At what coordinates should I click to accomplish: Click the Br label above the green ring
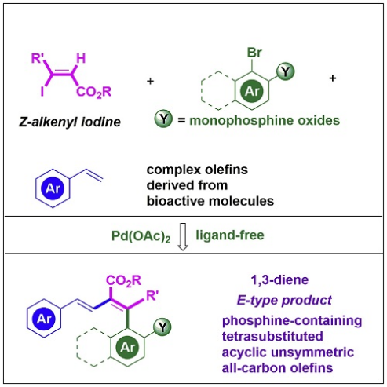point(254,53)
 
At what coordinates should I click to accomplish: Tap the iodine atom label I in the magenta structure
point(42,92)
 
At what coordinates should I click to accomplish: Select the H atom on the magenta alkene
point(81,58)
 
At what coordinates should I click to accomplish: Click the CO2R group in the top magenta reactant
point(94,92)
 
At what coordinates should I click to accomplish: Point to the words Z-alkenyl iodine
point(70,122)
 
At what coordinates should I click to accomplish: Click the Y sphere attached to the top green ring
point(286,71)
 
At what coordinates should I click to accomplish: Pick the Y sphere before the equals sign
point(163,119)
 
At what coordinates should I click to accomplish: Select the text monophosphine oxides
point(265,121)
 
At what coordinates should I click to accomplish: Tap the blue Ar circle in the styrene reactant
point(53,188)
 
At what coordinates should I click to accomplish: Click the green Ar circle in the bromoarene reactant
point(252,91)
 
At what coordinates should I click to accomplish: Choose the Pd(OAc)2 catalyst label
point(141,236)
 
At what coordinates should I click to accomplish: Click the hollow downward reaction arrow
point(183,237)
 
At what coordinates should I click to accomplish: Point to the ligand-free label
point(230,235)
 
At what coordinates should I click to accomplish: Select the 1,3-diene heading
point(279,280)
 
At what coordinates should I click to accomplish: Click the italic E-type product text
point(284,300)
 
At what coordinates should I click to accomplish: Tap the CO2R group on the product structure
point(123,280)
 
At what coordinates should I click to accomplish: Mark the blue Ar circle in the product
point(44,319)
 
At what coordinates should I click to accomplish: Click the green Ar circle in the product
point(127,348)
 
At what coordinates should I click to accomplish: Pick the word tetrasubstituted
point(272,337)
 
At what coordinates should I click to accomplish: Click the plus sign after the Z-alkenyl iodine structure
point(150,81)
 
